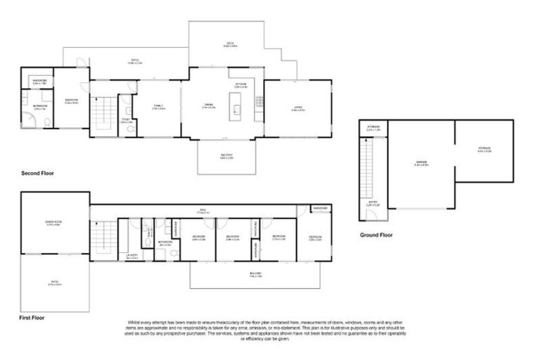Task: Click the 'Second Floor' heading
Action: [x=37, y=172]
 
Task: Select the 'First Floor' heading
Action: [x=32, y=318]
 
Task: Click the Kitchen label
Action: [x=240, y=85]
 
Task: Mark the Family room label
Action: [x=158, y=107]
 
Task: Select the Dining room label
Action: [x=208, y=107]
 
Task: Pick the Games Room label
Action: [x=54, y=224]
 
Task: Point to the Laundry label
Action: [x=131, y=256]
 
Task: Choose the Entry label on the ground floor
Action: [x=373, y=203]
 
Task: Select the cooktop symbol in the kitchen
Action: [x=259, y=103]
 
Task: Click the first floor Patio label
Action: [x=54, y=284]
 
